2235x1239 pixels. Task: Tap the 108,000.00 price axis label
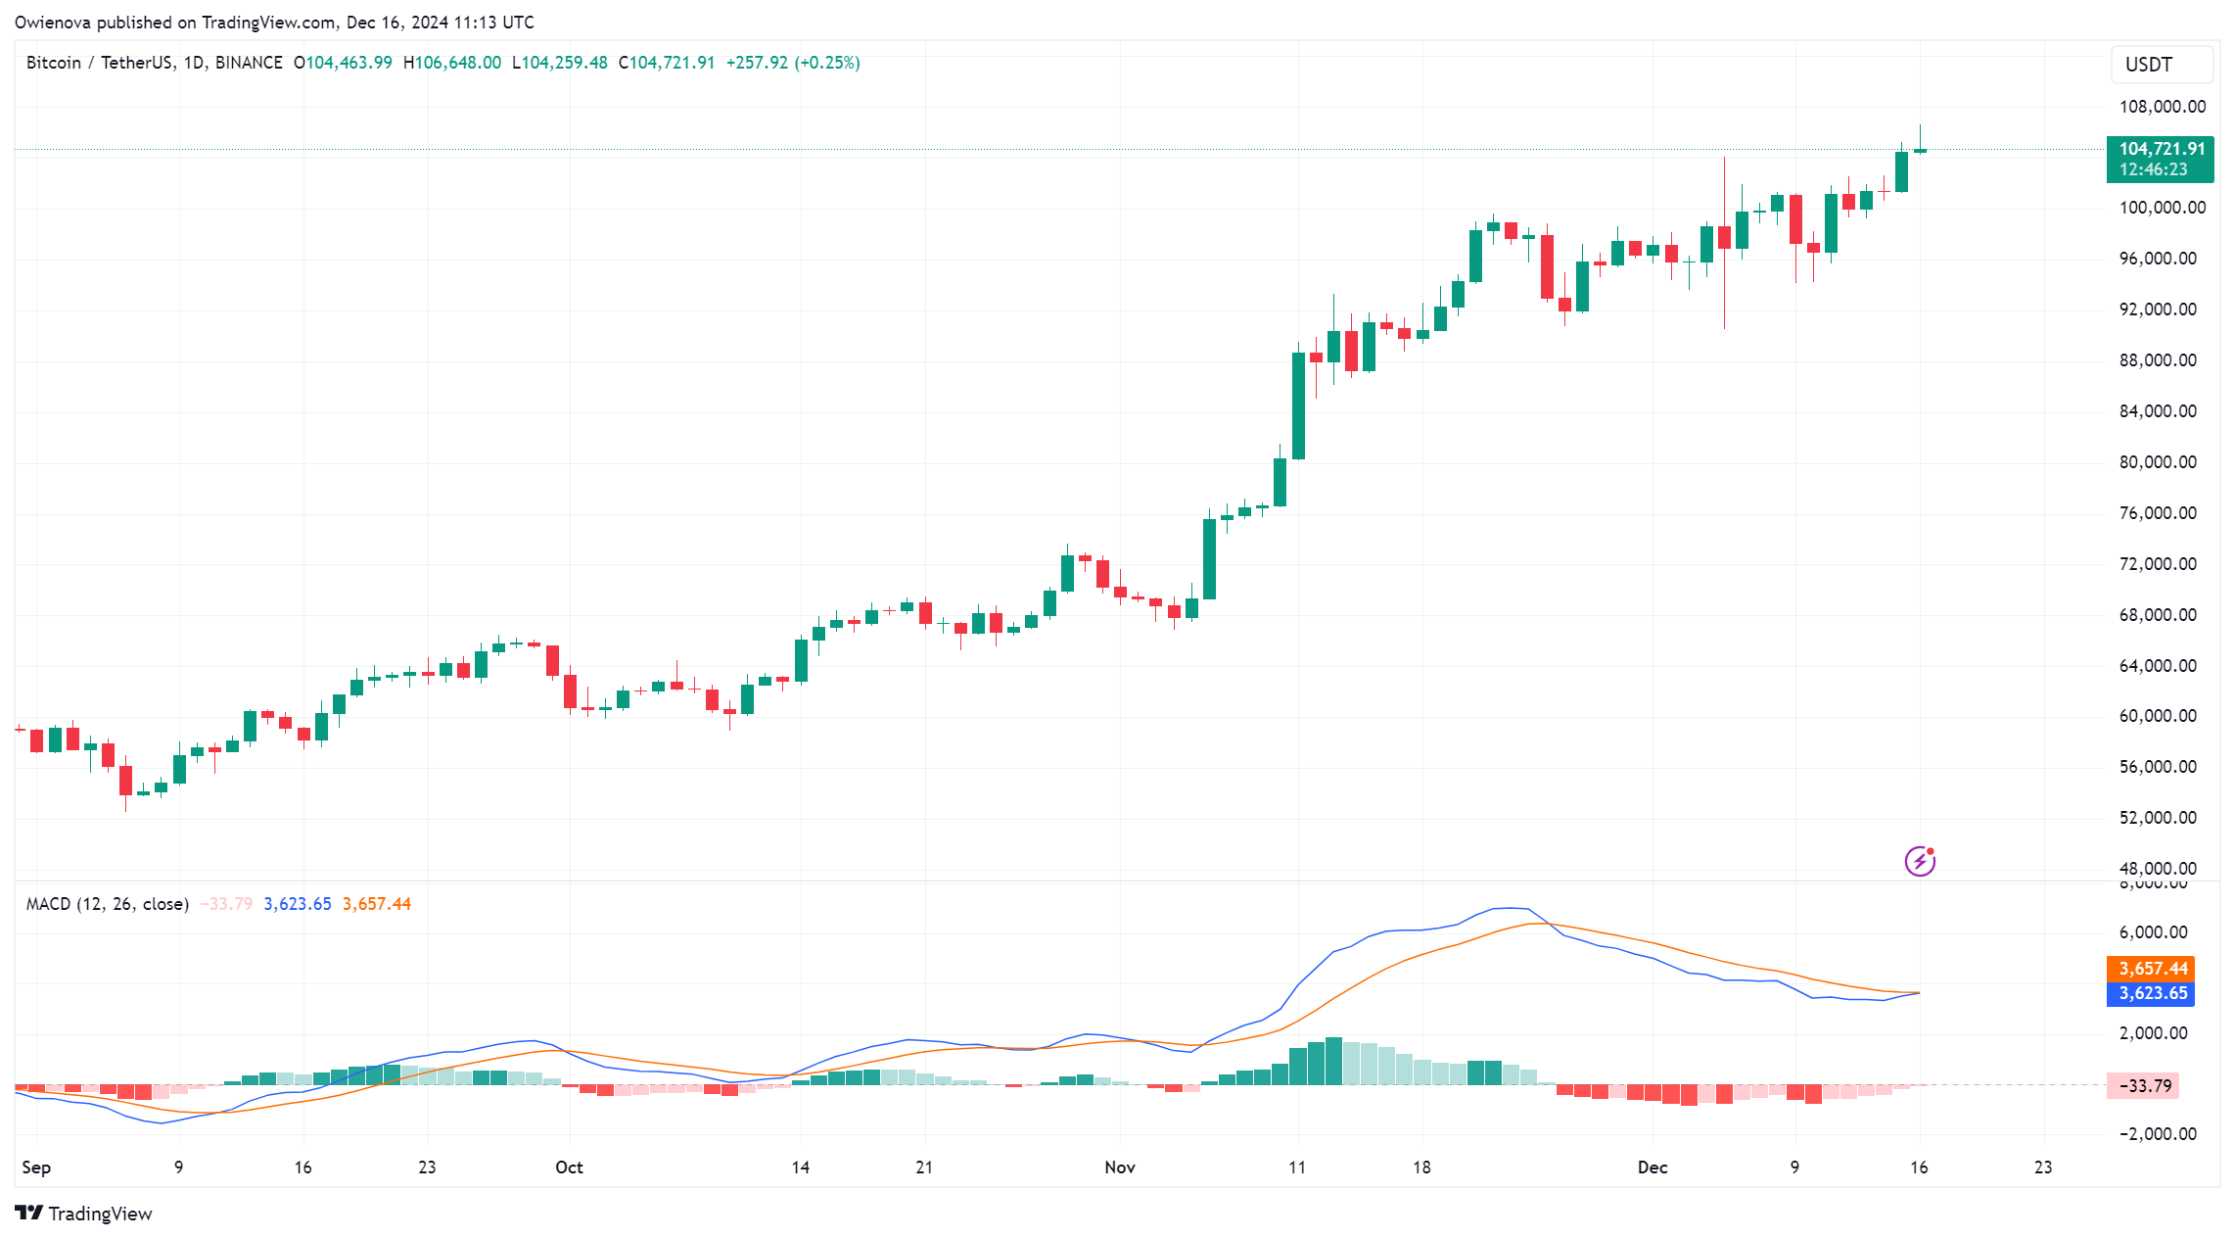(x=2162, y=107)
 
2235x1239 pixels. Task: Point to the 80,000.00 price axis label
(x=2157, y=462)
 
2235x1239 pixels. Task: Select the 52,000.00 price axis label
(x=2157, y=818)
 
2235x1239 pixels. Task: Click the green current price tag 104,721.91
(x=2160, y=159)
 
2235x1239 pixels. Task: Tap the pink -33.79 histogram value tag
(x=2144, y=1085)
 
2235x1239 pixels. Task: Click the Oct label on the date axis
(x=569, y=1168)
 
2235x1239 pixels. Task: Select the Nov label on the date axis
(x=1119, y=1168)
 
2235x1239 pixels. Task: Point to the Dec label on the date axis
(x=1653, y=1168)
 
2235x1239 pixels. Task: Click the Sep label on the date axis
(x=36, y=1168)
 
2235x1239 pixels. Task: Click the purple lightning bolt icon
(x=1920, y=861)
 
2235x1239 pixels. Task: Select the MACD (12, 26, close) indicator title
(x=108, y=904)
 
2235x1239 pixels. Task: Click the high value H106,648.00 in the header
(x=452, y=63)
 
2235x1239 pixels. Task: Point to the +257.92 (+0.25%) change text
(x=793, y=63)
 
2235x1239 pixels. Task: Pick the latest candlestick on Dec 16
(x=1920, y=150)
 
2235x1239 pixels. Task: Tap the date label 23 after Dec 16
(x=2043, y=1168)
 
